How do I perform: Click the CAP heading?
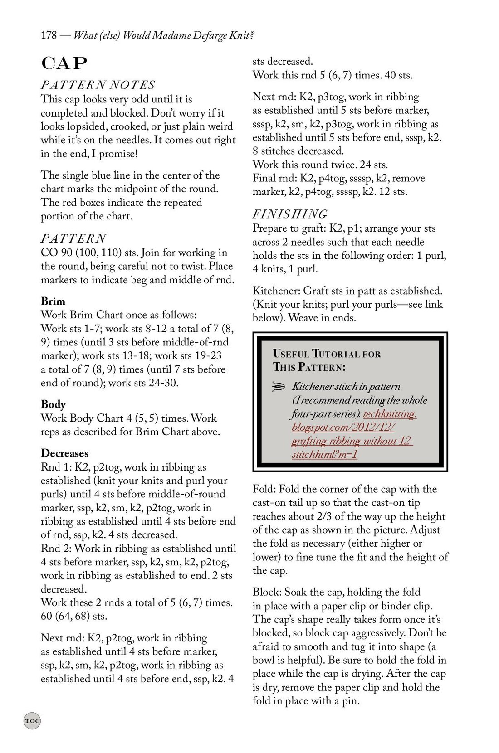pos(63,64)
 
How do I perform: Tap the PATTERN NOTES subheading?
pos(98,85)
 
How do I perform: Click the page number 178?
pos(49,35)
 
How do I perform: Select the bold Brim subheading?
pos(53,301)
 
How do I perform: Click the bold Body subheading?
pos(53,404)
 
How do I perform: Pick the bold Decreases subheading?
pos(64,453)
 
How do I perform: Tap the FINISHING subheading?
pos(289,214)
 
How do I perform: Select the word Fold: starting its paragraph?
pos(264,489)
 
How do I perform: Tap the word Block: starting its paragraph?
pos(267,592)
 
